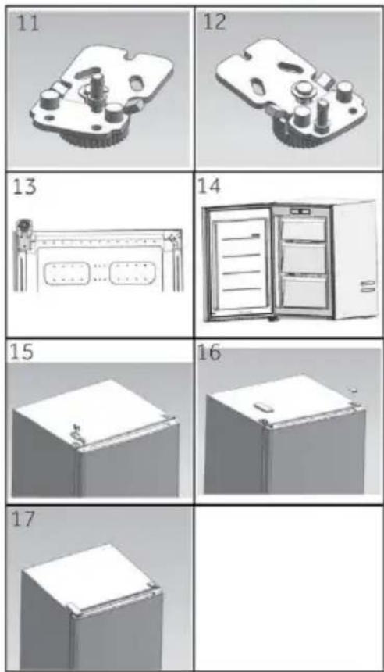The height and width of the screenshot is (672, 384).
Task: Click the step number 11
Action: [x=28, y=23]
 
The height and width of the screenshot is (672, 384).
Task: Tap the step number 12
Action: [x=214, y=21]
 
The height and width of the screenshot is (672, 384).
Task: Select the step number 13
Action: [x=25, y=188]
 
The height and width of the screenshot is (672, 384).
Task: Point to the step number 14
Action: [x=208, y=187]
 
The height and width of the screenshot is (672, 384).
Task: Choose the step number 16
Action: [x=210, y=352]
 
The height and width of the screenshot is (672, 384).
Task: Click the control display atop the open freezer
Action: [x=300, y=211]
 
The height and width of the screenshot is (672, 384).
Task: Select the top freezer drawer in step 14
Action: [x=303, y=231]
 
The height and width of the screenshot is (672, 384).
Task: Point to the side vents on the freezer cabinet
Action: [x=368, y=286]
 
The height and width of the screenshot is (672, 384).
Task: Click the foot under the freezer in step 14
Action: [x=271, y=320]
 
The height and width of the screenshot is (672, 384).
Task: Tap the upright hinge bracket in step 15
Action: [x=76, y=431]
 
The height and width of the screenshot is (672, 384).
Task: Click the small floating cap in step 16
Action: [x=354, y=391]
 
